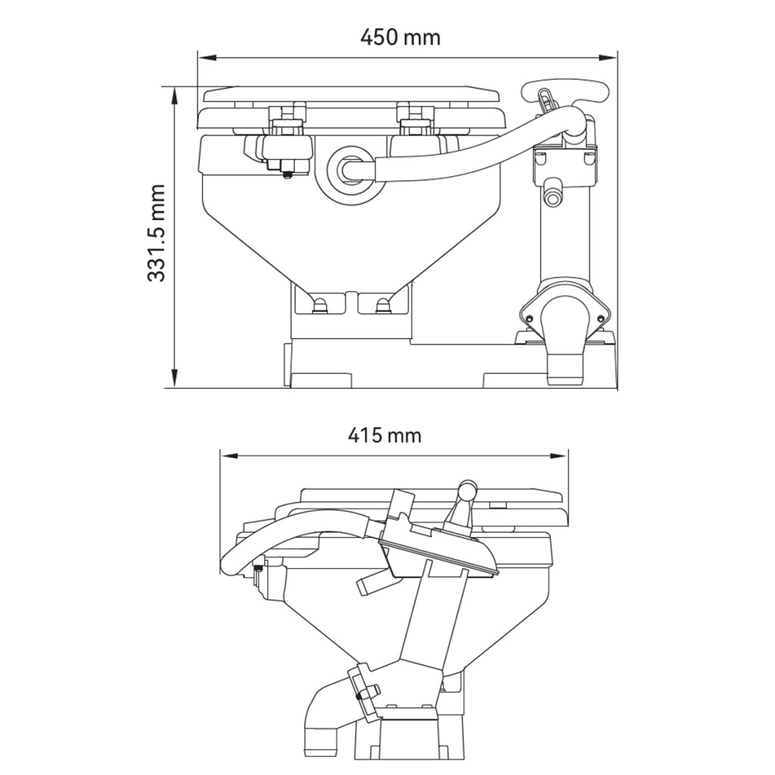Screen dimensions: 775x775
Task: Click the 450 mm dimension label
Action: pos(400,38)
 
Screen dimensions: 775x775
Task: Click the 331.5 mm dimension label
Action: pos(157,233)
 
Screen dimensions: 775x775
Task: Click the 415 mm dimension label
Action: pos(384,435)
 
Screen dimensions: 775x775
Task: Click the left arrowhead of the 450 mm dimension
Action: pos(207,58)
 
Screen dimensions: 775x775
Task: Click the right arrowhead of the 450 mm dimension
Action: pos(608,58)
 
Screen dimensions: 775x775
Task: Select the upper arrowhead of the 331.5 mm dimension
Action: pos(173,97)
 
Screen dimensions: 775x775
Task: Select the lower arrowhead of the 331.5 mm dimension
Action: pos(173,378)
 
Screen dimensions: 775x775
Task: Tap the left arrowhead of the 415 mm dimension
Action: pos(231,455)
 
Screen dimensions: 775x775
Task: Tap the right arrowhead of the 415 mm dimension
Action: pos(558,455)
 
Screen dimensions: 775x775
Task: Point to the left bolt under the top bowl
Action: pos(320,304)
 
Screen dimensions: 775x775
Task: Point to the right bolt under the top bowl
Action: pos(382,304)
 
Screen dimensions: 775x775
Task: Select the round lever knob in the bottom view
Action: pos(467,490)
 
